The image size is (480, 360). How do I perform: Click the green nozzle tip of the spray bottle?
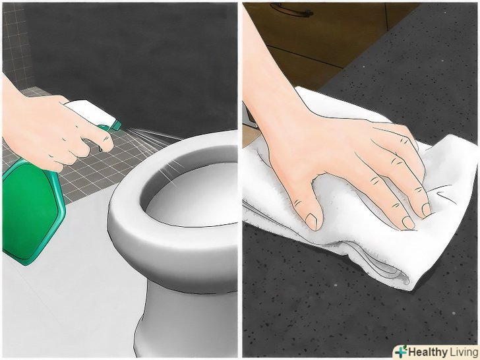[115, 125]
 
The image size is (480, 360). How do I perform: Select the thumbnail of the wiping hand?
[311, 222]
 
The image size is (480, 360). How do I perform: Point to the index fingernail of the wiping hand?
[408, 222]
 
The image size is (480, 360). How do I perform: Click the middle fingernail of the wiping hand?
[426, 210]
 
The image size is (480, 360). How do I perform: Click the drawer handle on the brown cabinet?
[291, 11]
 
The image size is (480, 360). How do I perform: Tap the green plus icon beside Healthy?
[401, 351]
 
